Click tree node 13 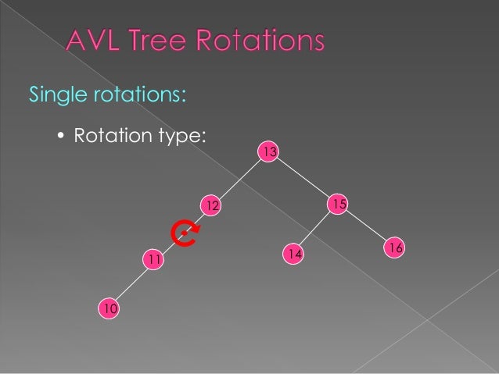point(269,151)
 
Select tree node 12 point(210,205)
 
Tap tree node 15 point(338,204)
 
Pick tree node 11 point(153,258)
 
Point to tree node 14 point(293,254)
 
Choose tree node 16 point(395,248)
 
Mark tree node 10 point(109,310)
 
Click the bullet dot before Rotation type point(62,137)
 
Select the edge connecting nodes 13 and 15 point(303,177)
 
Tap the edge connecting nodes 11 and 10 point(131,284)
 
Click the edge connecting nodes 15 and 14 point(315,229)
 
